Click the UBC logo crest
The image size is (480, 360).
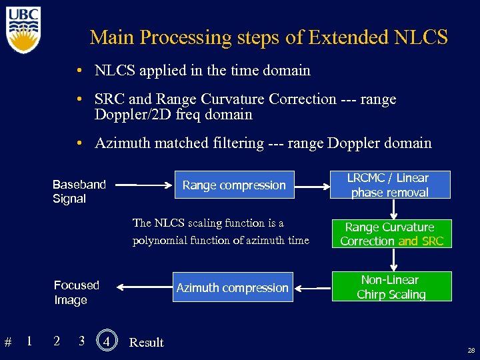coord(24,30)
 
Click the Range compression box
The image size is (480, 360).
coord(234,185)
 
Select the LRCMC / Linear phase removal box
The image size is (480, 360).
coord(391,185)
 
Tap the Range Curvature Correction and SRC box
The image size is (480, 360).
coord(391,234)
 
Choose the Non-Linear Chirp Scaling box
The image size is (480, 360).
coord(391,287)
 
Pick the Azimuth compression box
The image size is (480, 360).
coord(232,288)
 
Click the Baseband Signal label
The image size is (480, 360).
coord(79,191)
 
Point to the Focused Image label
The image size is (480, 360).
coord(76,293)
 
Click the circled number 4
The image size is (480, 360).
coord(106,341)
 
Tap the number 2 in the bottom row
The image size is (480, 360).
coord(57,341)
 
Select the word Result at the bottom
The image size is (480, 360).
coord(146,343)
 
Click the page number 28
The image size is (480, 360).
coord(471,350)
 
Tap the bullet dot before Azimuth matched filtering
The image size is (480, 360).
coord(79,143)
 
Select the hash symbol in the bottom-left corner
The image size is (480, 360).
coord(8,343)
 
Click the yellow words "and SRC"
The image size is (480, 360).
coord(421,241)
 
